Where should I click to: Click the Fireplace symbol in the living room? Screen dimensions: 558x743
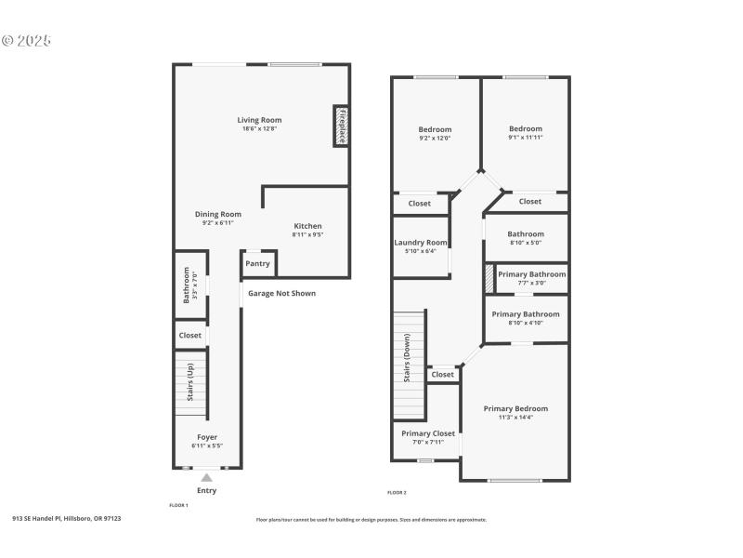341,126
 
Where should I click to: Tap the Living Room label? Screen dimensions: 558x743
259,120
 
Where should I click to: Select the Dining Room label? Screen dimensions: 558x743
217,214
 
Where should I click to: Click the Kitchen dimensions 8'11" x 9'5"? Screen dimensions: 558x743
307,235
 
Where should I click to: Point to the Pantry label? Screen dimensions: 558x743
258,263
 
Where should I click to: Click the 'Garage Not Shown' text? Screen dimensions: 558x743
281,294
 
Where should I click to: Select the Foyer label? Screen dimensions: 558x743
207,437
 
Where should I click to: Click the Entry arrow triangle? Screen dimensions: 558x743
207,477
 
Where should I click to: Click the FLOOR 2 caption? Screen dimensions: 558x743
397,492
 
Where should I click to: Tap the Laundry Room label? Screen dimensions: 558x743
421,243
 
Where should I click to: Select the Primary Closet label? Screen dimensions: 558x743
428,433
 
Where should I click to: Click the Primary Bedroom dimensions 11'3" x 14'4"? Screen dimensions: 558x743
515,418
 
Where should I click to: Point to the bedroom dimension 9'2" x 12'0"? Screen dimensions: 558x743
435,139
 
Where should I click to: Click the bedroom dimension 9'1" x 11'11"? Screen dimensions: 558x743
526,138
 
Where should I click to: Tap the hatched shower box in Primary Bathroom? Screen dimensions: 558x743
489,280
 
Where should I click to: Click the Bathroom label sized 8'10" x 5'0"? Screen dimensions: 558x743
526,234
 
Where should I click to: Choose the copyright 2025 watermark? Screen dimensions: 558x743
26,40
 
